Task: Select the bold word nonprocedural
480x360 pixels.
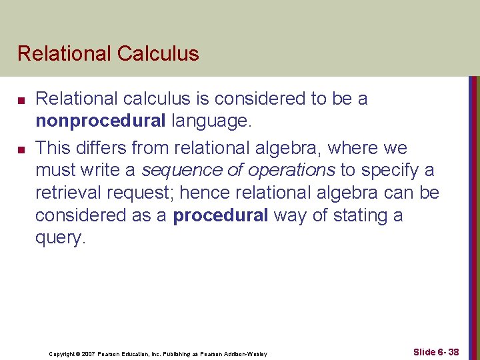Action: click(101, 121)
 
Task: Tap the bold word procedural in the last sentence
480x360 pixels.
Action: click(220, 215)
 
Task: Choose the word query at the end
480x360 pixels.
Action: click(59, 239)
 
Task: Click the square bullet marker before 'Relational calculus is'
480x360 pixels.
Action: click(21, 100)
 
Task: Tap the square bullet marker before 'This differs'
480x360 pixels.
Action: click(21, 148)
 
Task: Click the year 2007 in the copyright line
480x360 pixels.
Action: click(89, 353)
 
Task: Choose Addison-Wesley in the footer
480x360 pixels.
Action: click(248, 353)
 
